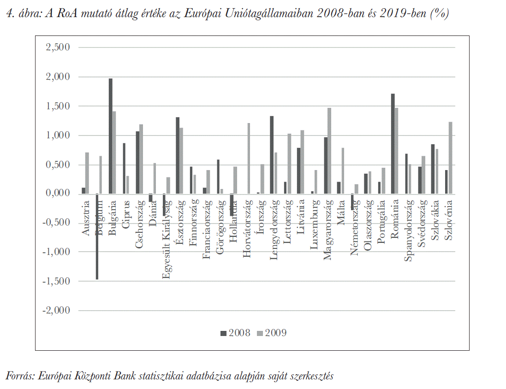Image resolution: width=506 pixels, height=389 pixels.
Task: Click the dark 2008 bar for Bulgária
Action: [111, 136]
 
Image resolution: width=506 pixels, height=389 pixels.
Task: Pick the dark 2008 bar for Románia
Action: [393, 143]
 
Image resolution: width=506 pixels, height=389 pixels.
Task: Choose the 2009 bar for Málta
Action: [343, 171]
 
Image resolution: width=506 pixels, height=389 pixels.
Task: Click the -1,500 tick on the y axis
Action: [57, 281]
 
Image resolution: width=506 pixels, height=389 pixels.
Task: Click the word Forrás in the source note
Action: [18, 376]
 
